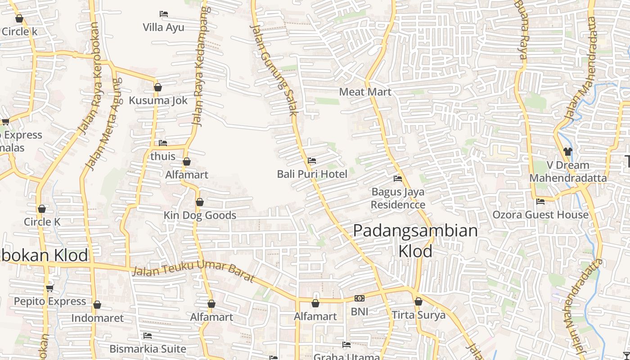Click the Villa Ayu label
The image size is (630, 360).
click(x=163, y=27)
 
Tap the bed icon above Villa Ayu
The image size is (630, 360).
click(x=164, y=14)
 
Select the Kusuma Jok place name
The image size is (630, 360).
click(x=158, y=100)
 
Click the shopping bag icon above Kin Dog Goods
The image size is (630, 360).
click(x=200, y=202)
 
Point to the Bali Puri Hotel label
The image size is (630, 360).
click(x=312, y=174)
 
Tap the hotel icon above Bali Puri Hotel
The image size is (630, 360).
click(x=311, y=161)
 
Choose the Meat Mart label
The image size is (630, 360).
click(x=365, y=92)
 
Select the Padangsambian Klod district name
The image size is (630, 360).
click(x=415, y=240)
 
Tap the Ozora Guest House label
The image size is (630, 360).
click(x=540, y=215)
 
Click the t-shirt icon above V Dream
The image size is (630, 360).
click(x=567, y=152)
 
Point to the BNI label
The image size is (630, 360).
click(x=359, y=311)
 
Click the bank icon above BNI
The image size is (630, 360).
click(x=359, y=298)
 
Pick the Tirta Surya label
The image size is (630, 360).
click(x=418, y=315)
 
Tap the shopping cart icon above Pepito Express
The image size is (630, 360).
click(x=49, y=288)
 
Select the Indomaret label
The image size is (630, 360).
click(x=97, y=318)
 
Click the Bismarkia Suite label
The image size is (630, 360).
click(x=148, y=349)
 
